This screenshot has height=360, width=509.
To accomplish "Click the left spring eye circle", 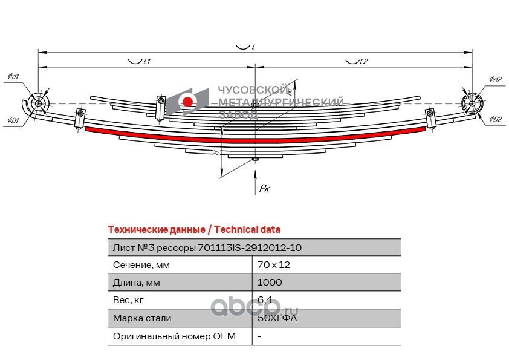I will coord(39,104).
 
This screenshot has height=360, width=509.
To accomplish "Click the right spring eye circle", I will coord(471,103).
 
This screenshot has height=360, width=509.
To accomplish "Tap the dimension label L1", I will coord(145,61).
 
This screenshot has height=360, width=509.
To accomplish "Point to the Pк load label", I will coord(264,189).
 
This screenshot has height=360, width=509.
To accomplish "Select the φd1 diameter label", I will coord(13,76).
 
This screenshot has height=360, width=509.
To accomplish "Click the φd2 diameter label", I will coord(495,80).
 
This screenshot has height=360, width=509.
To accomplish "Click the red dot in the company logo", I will coord(188,101).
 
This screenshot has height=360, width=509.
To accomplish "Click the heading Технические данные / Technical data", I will coord(193,229).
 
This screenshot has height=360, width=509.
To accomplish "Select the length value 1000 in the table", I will coord(270,283).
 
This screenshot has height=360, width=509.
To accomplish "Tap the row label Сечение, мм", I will coord(141,265).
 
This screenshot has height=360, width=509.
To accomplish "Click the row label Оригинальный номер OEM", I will coord(174,336).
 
